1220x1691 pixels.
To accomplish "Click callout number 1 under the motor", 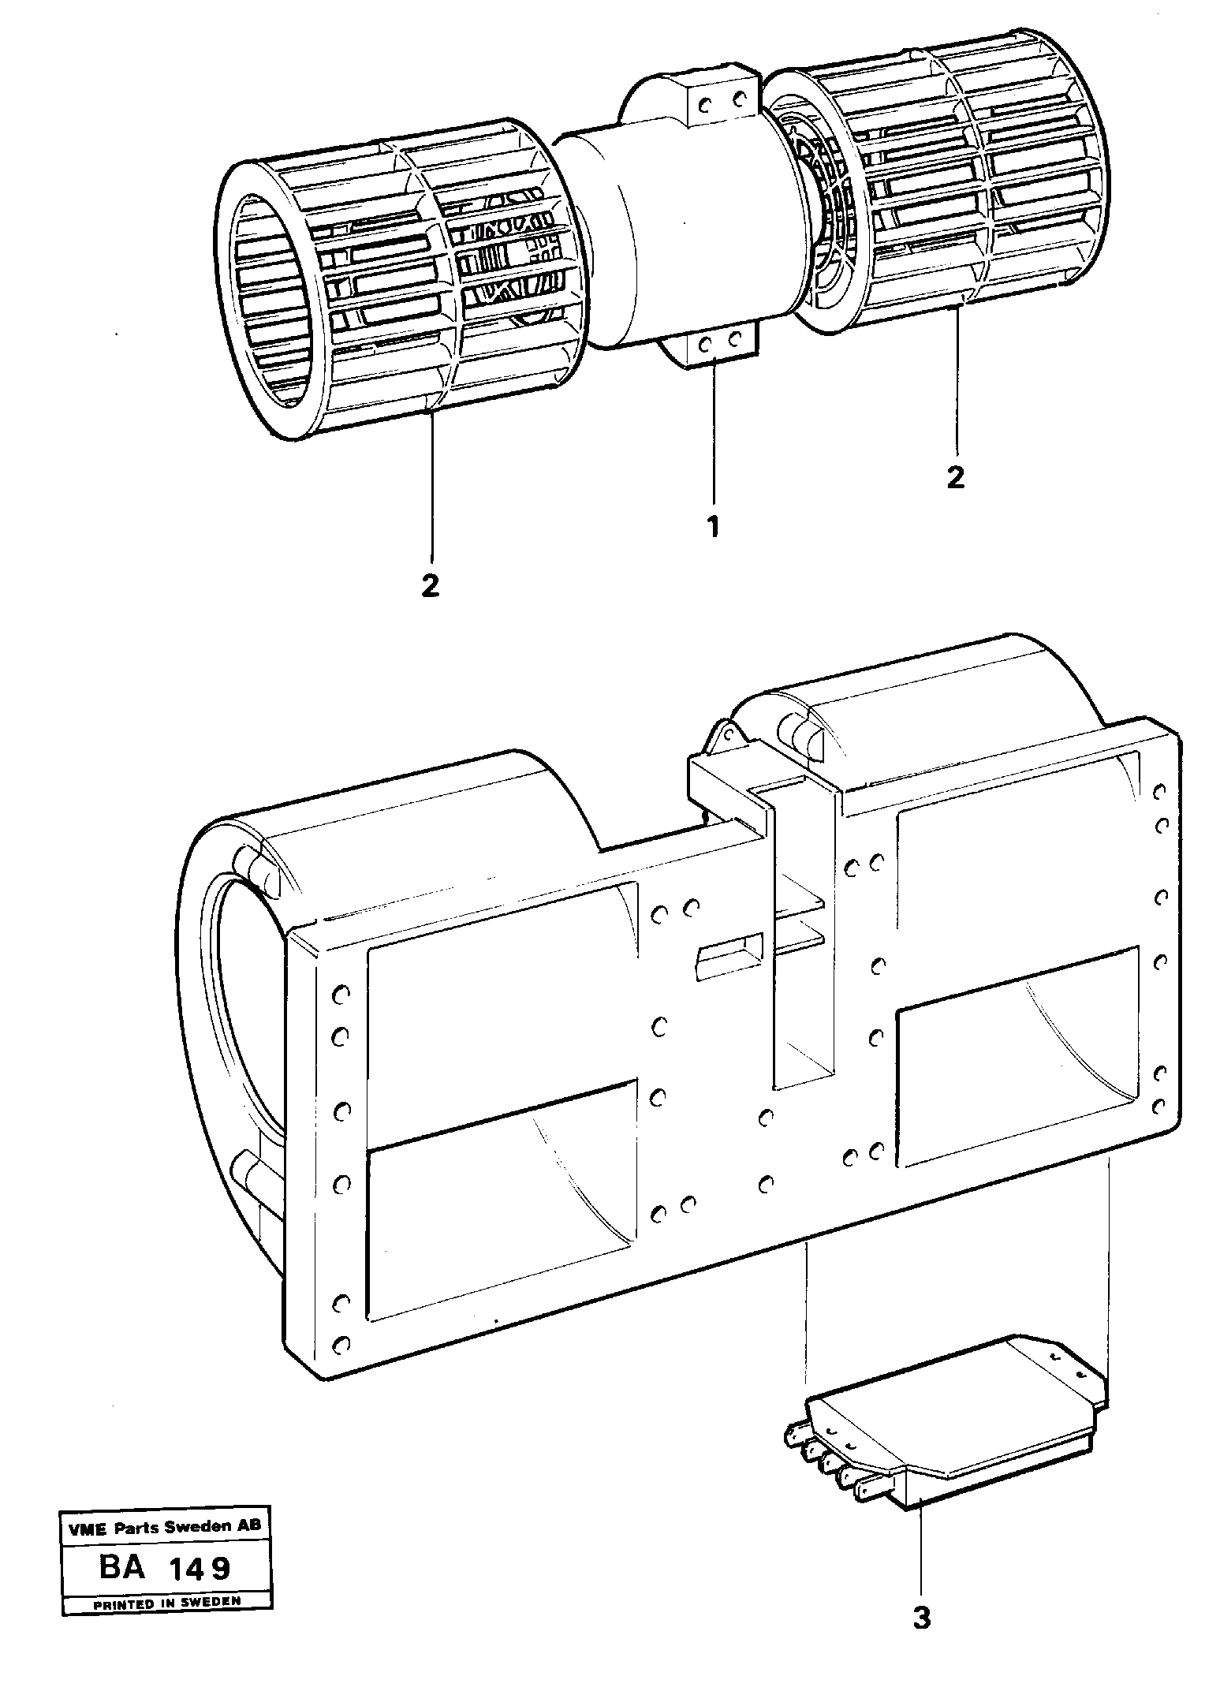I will (713, 526).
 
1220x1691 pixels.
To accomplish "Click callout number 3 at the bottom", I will (921, 1635).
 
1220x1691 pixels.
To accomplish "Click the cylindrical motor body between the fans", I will (678, 229).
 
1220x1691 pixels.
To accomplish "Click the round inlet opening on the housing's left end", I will (237, 1057).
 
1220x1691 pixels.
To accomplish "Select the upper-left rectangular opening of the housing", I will (501, 1010).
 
